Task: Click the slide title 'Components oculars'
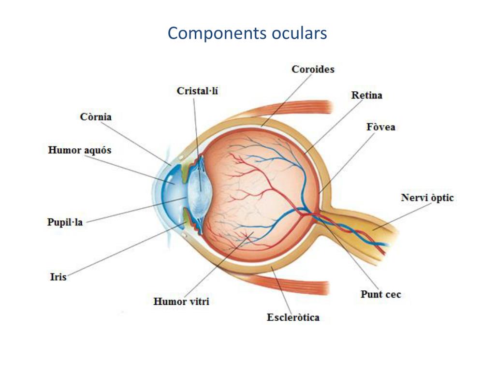click(x=247, y=33)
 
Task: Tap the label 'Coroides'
click(x=313, y=69)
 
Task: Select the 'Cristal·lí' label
click(x=197, y=91)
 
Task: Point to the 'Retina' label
click(x=366, y=95)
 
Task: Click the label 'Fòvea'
click(x=381, y=127)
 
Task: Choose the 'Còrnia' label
click(x=96, y=117)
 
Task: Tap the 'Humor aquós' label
click(x=80, y=150)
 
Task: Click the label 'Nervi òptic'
click(x=427, y=198)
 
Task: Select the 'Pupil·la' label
click(x=65, y=223)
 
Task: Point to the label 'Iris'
click(x=58, y=277)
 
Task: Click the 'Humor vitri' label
click(x=181, y=302)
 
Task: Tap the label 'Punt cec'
click(x=380, y=294)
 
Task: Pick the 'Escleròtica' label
click(x=293, y=317)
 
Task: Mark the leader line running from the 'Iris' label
click(x=121, y=251)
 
